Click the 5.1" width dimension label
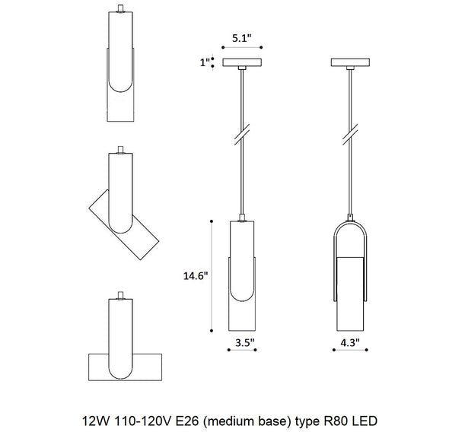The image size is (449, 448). (x=242, y=38)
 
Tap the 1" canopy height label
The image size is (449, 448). (x=205, y=62)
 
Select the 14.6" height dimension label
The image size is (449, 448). (x=196, y=275)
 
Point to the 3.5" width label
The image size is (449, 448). (x=245, y=342)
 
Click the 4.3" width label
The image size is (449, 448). (x=350, y=342)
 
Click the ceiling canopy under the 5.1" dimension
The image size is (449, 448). (x=242, y=62)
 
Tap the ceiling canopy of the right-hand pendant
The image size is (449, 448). (x=350, y=62)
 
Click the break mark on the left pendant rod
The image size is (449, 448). (x=242, y=135)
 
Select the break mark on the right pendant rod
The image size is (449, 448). (x=350, y=135)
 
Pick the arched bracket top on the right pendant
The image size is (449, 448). (x=350, y=223)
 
